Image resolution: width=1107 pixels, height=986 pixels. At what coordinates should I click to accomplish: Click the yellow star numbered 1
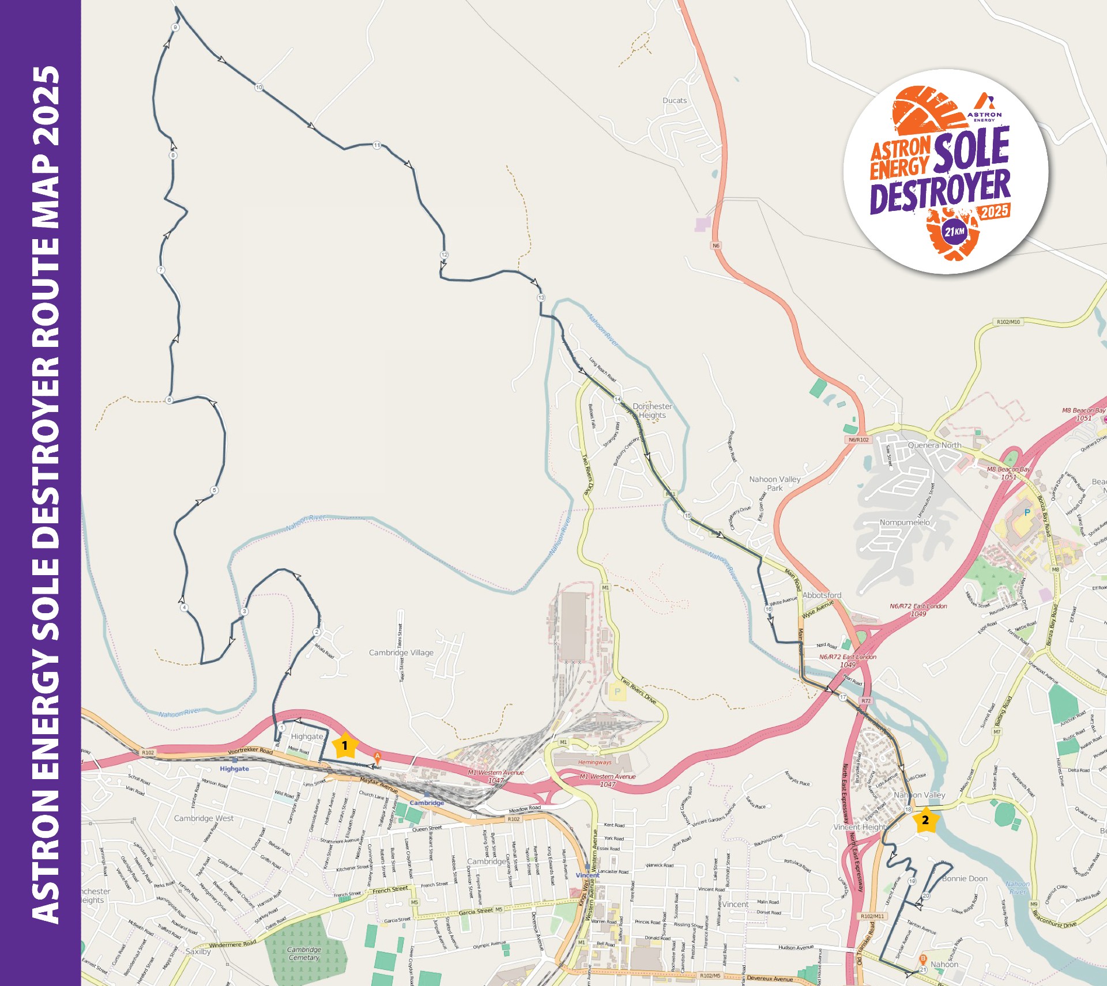345,745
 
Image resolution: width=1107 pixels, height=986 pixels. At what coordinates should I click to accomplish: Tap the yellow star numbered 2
925,819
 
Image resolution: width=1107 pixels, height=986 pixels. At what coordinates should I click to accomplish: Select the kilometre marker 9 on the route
175,28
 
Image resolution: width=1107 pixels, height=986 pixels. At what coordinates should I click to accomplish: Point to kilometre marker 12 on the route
444,255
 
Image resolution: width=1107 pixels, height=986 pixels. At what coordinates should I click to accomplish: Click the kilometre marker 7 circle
161,270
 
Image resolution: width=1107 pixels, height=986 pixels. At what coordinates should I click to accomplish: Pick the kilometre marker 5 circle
214,490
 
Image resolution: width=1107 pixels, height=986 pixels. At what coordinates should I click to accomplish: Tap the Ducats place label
675,100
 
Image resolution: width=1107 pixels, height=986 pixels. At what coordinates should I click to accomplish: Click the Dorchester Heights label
652,411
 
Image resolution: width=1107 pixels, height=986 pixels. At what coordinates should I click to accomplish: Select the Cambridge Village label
401,652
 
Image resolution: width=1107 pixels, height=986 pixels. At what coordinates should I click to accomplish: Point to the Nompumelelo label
905,522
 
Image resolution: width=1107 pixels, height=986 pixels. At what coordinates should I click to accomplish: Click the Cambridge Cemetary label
304,954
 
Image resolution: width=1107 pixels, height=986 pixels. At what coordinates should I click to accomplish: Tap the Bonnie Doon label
965,879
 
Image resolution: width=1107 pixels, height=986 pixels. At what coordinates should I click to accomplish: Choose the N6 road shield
716,245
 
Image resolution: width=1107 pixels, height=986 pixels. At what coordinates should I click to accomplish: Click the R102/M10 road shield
1008,322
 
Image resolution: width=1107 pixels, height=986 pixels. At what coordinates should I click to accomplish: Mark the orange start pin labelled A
378,756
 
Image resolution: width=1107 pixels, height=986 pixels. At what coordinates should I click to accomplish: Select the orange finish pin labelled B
922,959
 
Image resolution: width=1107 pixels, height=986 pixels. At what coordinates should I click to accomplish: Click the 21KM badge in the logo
954,232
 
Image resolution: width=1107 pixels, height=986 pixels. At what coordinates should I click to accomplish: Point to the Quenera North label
935,445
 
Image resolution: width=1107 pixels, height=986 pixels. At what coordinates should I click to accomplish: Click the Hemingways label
594,762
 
